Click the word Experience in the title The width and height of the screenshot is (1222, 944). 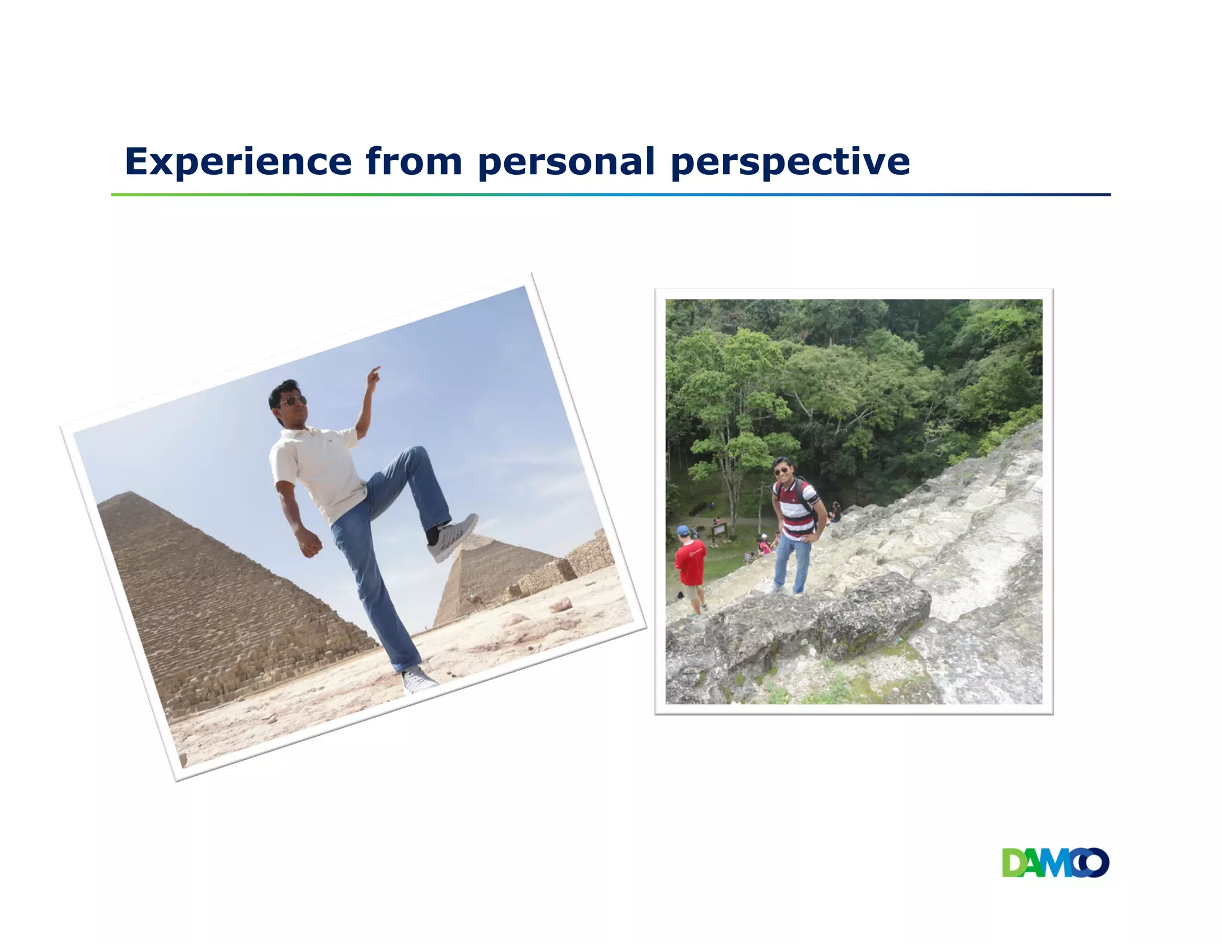[x=237, y=162]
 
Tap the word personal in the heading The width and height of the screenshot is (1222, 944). [x=566, y=162]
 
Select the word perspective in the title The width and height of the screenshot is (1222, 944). [x=790, y=162]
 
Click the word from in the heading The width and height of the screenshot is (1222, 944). [x=413, y=162]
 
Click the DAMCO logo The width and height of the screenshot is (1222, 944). [x=1055, y=863]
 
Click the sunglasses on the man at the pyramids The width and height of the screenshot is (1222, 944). [x=292, y=401]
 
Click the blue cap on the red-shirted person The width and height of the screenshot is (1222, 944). [x=683, y=530]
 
